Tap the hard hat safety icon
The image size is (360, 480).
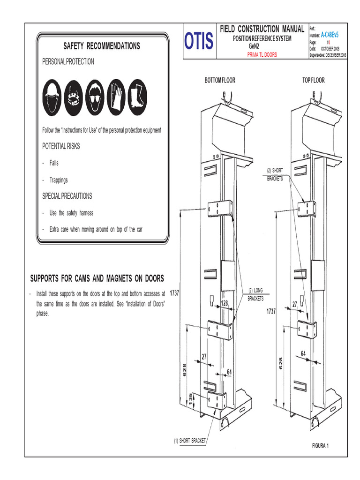[52, 97]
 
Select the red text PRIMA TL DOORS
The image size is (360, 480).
[262, 55]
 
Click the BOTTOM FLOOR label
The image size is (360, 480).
[219, 80]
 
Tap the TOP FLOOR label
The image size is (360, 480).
[313, 80]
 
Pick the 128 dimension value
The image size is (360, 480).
[225, 304]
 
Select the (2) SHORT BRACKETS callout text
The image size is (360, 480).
[275, 174]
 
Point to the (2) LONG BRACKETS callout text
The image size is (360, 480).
[256, 295]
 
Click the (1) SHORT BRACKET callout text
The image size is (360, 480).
[190, 441]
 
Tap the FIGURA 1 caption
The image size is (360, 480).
[321, 445]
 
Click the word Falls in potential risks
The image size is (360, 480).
[54, 163]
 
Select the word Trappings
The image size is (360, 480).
[59, 180]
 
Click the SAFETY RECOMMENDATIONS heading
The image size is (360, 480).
[102, 46]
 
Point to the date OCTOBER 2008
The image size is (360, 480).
[333, 49]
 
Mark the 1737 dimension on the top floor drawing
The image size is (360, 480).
[271, 311]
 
